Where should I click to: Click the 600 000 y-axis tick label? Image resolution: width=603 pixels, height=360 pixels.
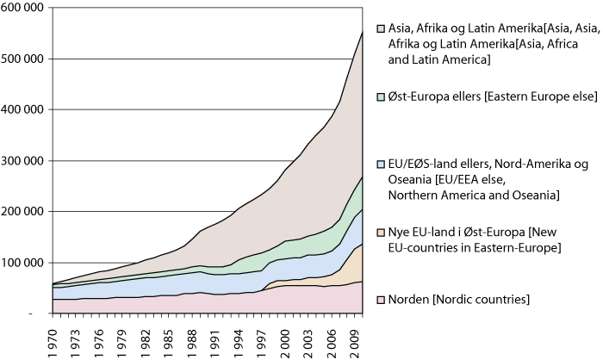23,8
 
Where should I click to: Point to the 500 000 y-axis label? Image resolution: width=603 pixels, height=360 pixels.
23,59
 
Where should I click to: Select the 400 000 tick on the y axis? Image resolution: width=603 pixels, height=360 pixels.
23,109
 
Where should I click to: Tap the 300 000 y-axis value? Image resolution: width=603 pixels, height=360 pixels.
23,160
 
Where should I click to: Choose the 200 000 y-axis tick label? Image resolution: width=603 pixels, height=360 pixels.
23,211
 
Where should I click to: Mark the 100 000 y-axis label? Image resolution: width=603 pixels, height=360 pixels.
23,262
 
